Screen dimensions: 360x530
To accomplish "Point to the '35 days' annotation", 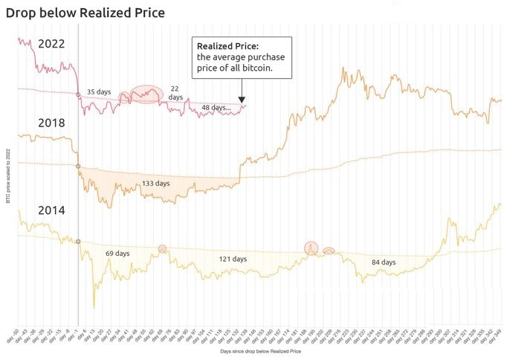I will coord(99,92).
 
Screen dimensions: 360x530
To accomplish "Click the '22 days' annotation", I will coord(175,92).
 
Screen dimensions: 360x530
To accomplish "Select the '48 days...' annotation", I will coord(216,108).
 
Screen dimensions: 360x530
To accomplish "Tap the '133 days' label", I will coord(156,183).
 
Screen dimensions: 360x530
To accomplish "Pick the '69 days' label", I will coord(117,254).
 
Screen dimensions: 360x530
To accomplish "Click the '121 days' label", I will coord(233,259).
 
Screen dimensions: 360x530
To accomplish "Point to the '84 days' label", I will coord(384,262).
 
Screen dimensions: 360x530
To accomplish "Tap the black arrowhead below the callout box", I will coord(242,100).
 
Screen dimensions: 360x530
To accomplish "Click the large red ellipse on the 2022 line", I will coord(146,94).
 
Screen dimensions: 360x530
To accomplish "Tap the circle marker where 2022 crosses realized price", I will coord(78,94).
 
